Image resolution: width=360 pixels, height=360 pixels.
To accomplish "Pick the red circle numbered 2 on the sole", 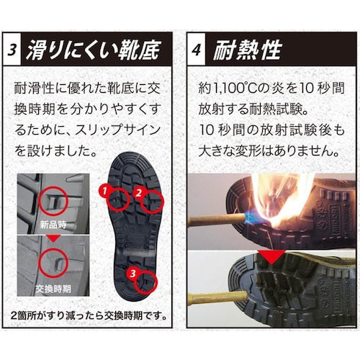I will (x=150, y=199).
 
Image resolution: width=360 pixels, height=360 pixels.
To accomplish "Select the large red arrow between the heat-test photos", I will (x=269, y=256).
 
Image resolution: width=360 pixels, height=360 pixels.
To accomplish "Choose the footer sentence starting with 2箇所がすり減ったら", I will (x=93, y=315).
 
